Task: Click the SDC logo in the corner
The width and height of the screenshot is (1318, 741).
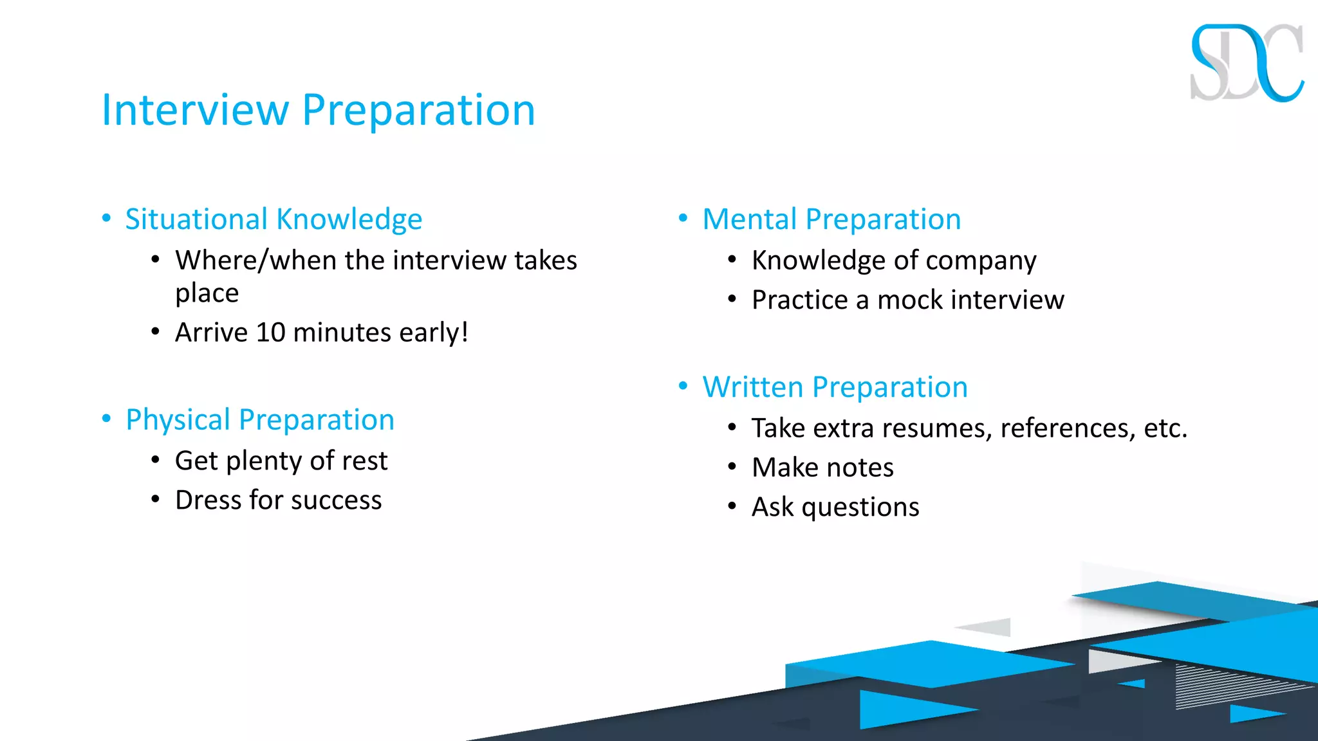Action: pos(1246,63)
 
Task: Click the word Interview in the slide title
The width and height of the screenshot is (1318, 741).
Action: pos(195,110)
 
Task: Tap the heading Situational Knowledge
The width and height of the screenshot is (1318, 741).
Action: pos(274,219)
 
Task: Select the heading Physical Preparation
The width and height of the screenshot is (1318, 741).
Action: pos(259,420)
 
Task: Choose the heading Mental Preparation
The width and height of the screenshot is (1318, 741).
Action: pos(831,219)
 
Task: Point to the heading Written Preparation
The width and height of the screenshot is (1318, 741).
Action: pos(835,387)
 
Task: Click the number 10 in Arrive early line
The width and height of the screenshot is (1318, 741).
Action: pos(270,333)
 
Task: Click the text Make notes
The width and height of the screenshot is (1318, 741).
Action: pos(822,468)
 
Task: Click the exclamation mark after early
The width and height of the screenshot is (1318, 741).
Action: pos(464,333)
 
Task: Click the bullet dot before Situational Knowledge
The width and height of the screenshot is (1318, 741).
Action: pos(107,218)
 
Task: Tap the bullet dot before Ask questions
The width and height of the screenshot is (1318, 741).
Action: pos(732,507)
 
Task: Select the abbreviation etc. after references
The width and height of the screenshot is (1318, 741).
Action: pos(1165,428)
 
